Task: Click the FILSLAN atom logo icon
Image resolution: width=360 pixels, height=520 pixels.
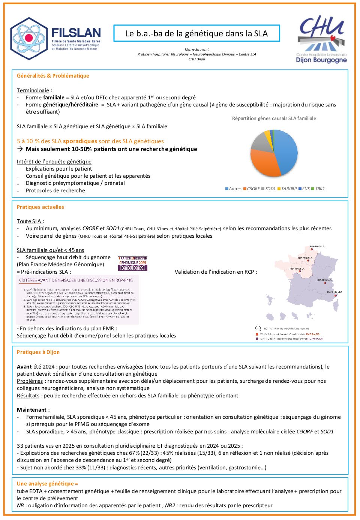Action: pyautogui.click(x=29, y=38)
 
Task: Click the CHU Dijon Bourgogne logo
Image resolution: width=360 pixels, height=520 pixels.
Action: pyautogui.click(x=321, y=39)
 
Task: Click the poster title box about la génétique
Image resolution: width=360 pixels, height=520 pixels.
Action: pyautogui.click(x=196, y=33)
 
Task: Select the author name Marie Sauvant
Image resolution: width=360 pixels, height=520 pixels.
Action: pyautogui.click(x=196, y=49)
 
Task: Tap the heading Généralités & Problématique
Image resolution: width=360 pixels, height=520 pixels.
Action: pyautogui.click(x=53, y=76)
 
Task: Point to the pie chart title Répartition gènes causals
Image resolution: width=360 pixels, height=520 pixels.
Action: pyautogui.click(x=274, y=118)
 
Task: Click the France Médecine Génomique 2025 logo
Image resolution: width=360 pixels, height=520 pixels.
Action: pyautogui.click(x=133, y=264)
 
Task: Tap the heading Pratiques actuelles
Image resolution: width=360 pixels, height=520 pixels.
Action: pyautogui.click(x=40, y=207)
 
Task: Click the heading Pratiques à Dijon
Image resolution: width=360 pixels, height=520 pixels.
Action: pyautogui.click(x=38, y=352)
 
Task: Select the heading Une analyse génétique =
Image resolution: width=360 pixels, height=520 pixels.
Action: pyautogui.click(x=47, y=484)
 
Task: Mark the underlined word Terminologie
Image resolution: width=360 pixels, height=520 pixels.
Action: pyautogui.click(x=33, y=90)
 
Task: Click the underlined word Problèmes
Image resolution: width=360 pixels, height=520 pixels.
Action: pyautogui.click(x=30, y=381)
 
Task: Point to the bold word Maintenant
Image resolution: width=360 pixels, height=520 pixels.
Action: pyautogui.click(x=32, y=410)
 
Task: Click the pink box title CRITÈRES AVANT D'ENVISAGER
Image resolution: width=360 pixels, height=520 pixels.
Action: pyautogui.click(x=76, y=280)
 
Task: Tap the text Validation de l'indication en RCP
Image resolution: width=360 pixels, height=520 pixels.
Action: pyautogui.click(x=216, y=272)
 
